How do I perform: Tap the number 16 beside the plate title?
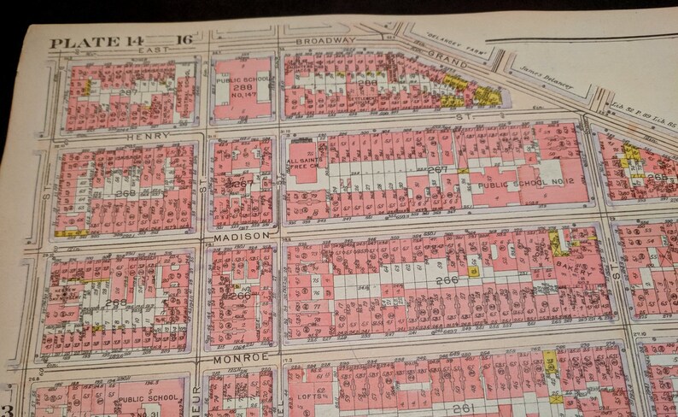pos(184,39)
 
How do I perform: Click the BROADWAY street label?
pos(324,40)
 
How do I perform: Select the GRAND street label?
pos(447,62)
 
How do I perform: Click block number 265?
pos(658,176)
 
